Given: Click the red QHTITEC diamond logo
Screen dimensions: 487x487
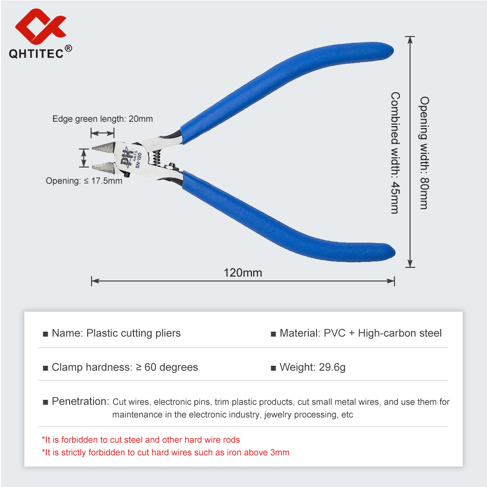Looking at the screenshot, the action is pyautogui.click(x=40, y=26).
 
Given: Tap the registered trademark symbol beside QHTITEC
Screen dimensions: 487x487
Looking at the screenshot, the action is pyautogui.click(x=68, y=48).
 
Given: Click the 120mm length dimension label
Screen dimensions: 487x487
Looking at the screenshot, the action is pyautogui.click(x=243, y=273).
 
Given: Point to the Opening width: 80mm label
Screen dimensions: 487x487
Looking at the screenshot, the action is pyautogui.click(x=424, y=153).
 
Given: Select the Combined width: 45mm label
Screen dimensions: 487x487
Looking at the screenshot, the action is pyautogui.click(x=395, y=153).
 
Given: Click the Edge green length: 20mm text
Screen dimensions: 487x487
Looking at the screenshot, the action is pyautogui.click(x=102, y=119).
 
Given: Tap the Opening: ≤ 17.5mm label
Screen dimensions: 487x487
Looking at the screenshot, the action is pyautogui.click(x=84, y=181).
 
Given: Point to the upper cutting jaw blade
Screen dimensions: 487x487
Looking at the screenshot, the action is pyautogui.click(x=104, y=147).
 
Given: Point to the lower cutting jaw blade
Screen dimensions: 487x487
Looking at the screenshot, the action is pyautogui.click(x=104, y=168).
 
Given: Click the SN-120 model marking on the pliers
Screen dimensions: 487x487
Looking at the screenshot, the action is pyautogui.click(x=138, y=160).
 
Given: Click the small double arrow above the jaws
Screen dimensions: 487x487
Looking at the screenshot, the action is pyautogui.click(x=102, y=133).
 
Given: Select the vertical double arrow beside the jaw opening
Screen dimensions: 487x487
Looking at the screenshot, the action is pyautogui.click(x=84, y=158).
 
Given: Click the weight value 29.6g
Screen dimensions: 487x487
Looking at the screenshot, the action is pyautogui.click(x=332, y=367).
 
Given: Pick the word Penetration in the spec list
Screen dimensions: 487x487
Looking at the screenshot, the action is pyautogui.click(x=80, y=401).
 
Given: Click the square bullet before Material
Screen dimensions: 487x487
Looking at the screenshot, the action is pyautogui.click(x=273, y=334).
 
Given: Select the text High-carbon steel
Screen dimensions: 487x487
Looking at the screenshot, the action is pyautogui.click(x=400, y=333).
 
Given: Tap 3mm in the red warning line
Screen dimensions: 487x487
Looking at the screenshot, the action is pyautogui.click(x=280, y=452).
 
